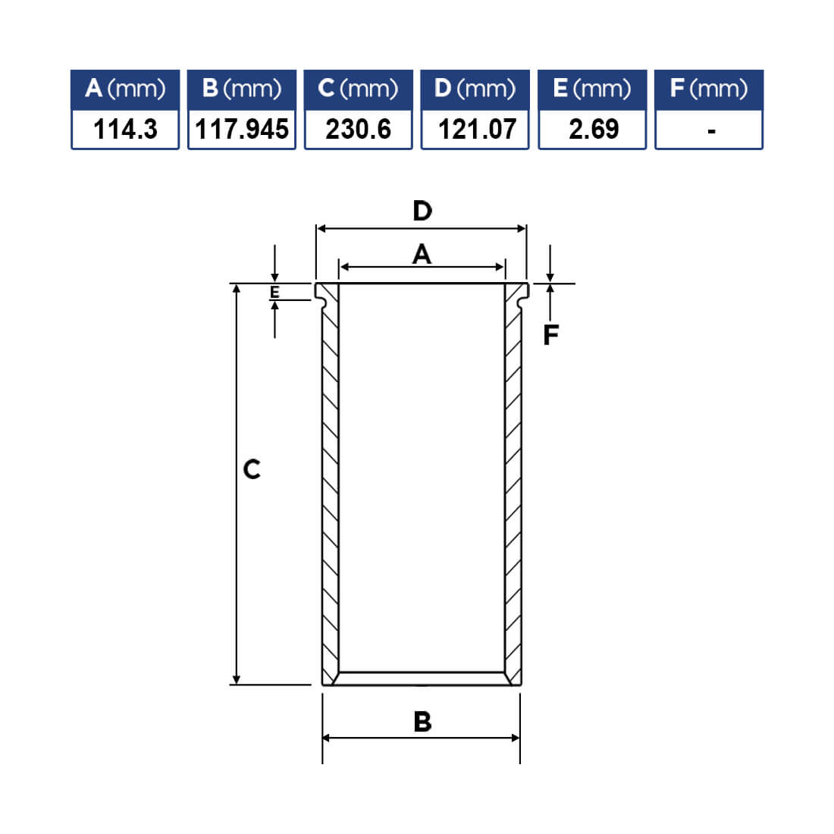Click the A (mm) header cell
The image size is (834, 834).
[125, 89]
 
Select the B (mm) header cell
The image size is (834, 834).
[242, 89]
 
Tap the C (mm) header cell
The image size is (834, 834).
[359, 89]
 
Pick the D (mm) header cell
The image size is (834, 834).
[475, 89]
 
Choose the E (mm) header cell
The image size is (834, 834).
[592, 89]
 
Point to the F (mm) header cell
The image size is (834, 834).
[709, 89]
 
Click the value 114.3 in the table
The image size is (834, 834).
[126, 129]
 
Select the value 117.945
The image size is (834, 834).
[242, 129]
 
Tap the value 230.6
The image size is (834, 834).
[359, 129]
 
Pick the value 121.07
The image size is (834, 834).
[477, 129]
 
